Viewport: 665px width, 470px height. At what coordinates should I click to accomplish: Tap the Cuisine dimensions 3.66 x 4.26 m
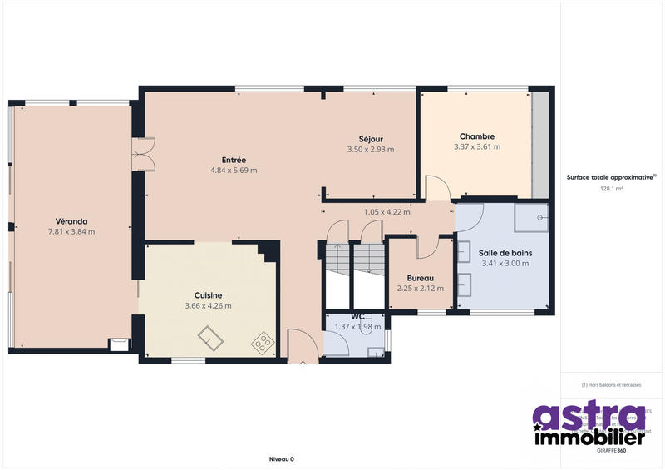click(x=207, y=306)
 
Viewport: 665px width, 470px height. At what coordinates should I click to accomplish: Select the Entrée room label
click(x=234, y=160)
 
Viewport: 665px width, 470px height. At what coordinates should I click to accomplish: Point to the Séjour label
click(x=370, y=138)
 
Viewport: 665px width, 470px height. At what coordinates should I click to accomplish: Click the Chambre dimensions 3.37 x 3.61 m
click(x=476, y=147)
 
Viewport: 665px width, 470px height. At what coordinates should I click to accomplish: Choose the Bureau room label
click(x=420, y=278)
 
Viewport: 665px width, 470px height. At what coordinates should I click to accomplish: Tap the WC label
click(x=357, y=317)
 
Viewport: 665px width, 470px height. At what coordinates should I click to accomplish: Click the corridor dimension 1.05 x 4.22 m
click(x=387, y=211)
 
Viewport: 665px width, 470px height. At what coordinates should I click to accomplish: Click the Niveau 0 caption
click(x=282, y=458)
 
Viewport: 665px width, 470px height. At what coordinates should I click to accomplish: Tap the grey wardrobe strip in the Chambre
click(x=540, y=145)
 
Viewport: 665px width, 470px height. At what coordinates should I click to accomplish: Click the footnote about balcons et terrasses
click(x=611, y=385)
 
